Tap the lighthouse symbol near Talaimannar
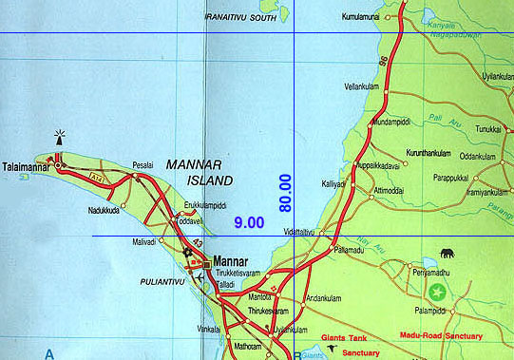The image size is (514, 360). click(x=61, y=137)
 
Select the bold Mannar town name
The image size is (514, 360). click(x=231, y=261)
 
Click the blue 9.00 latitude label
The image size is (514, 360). click(x=249, y=222)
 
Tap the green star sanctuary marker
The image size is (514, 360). click(x=437, y=291)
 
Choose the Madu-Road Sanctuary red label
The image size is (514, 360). click(x=444, y=335)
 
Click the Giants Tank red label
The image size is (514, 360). click(x=345, y=335)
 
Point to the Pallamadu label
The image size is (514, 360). click(x=351, y=250)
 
